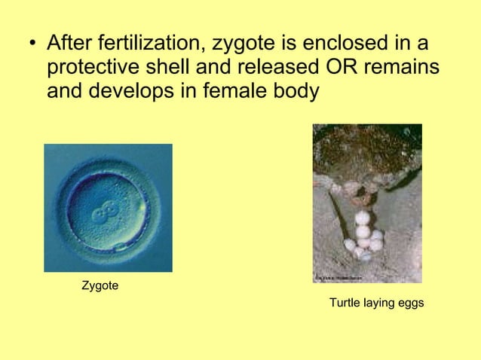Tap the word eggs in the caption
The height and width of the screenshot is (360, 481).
click(410, 304)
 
